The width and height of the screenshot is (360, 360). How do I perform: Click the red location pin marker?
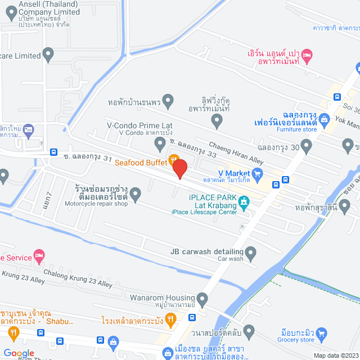(x=179, y=168)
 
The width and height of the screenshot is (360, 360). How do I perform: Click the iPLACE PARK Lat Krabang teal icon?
(x=244, y=201)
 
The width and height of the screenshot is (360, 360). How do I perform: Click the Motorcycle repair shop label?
(x=96, y=204)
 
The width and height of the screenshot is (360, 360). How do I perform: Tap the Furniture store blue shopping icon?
(x=324, y=119)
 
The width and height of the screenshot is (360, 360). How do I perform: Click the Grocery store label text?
(x=296, y=340)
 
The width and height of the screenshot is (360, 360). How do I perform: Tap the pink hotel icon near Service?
(x=39, y=256)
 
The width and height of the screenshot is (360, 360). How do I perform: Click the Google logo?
(x=19, y=353)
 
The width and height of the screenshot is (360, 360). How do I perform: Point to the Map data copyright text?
(x=335, y=355)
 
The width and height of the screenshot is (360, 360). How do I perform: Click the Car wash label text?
(x=231, y=259)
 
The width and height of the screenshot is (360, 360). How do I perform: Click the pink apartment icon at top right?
(x=307, y=55)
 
